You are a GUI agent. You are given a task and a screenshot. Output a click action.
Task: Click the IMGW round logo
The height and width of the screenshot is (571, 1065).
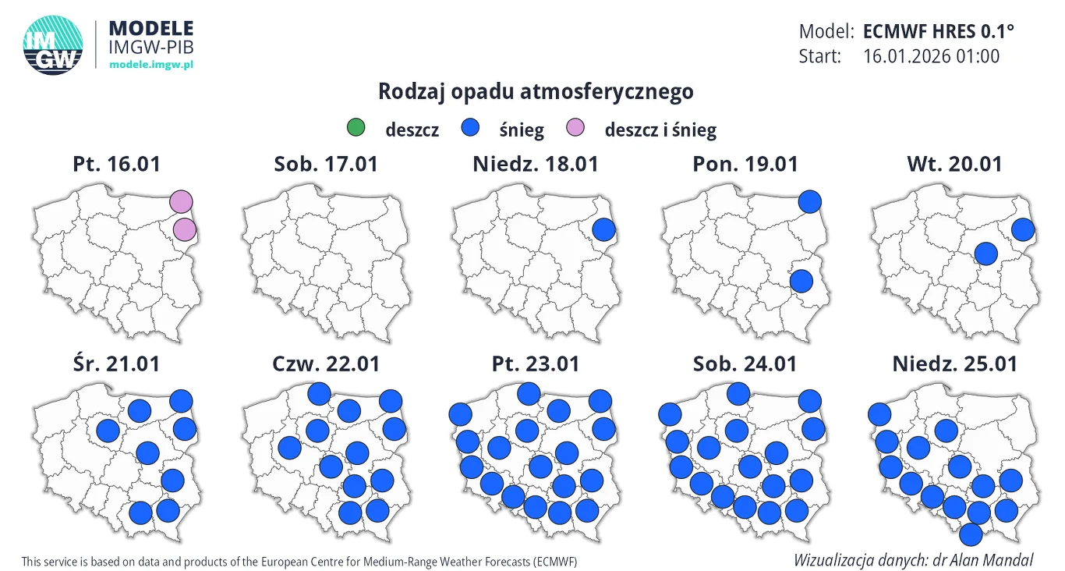53,46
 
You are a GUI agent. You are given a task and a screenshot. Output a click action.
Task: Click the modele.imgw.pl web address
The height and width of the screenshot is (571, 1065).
150,64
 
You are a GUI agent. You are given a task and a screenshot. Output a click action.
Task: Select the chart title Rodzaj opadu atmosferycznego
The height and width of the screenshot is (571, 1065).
536,92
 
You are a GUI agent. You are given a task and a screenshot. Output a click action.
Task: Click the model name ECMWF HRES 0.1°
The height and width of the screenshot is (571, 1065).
939,32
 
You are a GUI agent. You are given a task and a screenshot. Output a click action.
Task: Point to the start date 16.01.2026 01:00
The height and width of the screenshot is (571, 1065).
931,56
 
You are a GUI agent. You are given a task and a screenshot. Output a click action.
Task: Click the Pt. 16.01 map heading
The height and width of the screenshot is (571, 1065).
116,165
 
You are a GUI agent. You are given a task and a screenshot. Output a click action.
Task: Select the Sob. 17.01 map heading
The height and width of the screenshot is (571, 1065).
326,165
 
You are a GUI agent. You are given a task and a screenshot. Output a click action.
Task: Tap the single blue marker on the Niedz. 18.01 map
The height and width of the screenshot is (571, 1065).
604,230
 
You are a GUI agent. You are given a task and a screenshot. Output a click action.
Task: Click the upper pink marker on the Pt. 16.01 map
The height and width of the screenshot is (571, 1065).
181,201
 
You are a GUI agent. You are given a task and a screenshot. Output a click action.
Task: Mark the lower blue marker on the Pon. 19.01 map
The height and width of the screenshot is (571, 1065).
801,281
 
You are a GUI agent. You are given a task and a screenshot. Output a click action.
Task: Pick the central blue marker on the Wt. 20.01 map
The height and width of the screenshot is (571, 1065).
986,254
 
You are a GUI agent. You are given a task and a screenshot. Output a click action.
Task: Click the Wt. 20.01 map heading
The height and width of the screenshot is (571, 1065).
954,165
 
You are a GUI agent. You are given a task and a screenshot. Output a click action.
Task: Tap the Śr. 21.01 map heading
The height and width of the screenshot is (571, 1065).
116,364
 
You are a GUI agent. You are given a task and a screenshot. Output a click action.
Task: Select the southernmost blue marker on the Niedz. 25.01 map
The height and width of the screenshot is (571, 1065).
971,534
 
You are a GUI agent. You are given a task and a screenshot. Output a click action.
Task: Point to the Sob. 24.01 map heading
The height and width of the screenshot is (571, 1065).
745,364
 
